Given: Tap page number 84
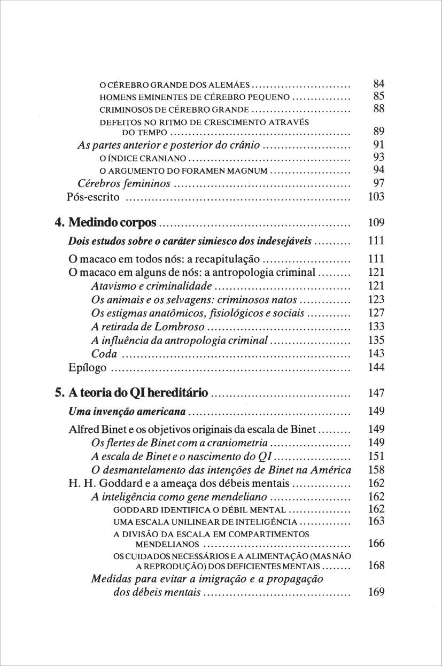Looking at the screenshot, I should coord(379,84).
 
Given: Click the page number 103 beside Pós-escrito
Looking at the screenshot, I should coord(377,197).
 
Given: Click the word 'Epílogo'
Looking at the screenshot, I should coord(88,368).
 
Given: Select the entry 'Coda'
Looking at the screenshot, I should coord(104,354).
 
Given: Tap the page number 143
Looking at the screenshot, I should coord(377,354).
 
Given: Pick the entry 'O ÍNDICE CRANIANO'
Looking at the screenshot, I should coord(143,159).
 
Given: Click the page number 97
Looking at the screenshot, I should coord(379,184).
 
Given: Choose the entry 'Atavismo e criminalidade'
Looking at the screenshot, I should coord(152,286).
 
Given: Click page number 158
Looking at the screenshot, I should coord(377,470).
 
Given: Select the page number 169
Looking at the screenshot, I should coord(377,592).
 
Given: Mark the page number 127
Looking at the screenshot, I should coord(377,313).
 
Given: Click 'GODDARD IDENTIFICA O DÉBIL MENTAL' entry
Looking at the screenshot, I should coord(200,510).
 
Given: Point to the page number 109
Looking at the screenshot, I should coord(377,223).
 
